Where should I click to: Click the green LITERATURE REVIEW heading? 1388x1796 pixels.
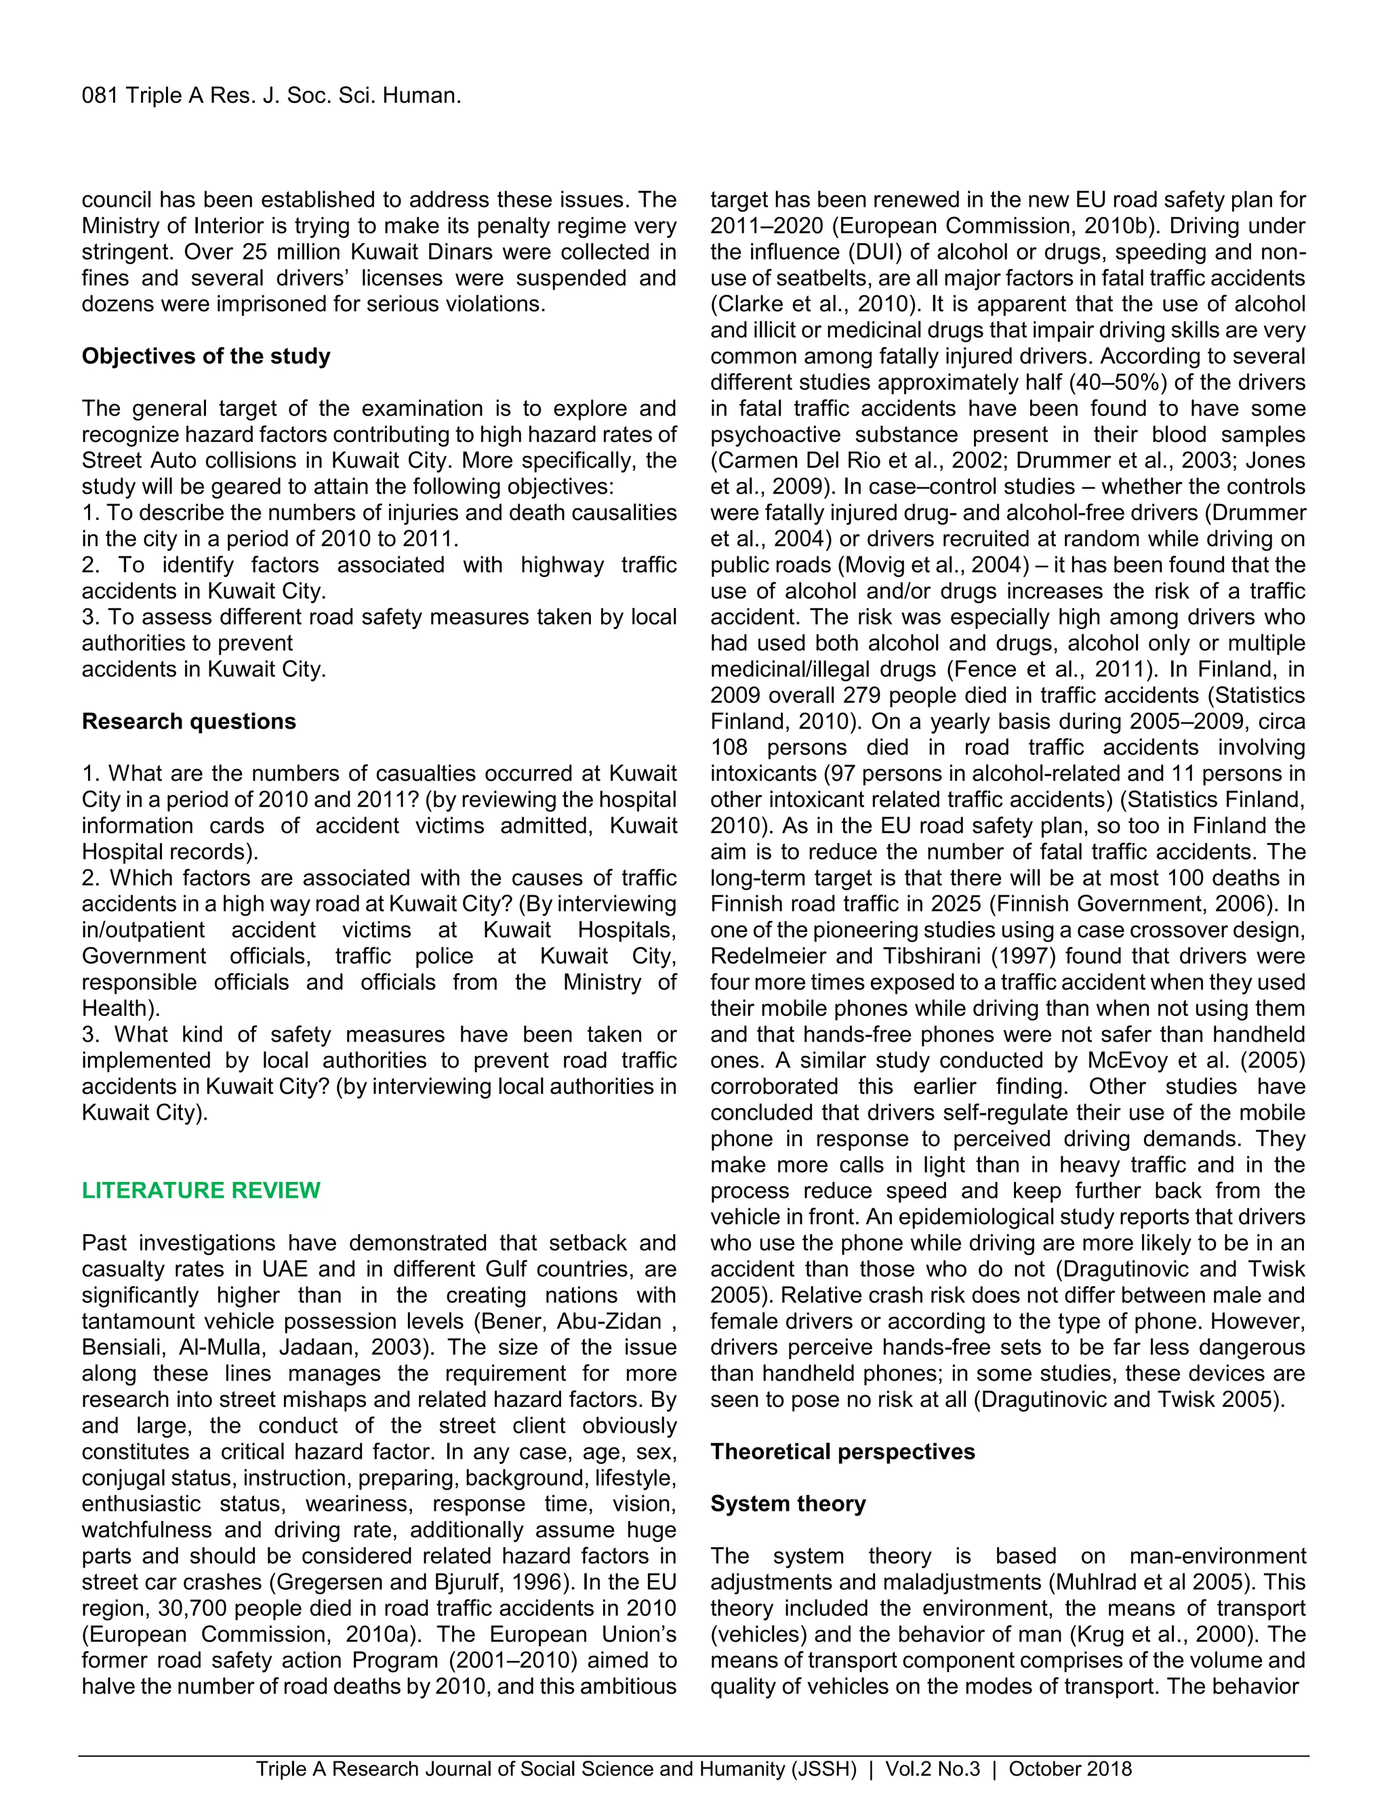pos(201,1190)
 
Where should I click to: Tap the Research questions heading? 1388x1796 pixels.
pos(188,721)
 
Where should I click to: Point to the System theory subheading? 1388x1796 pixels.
pos(788,1503)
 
